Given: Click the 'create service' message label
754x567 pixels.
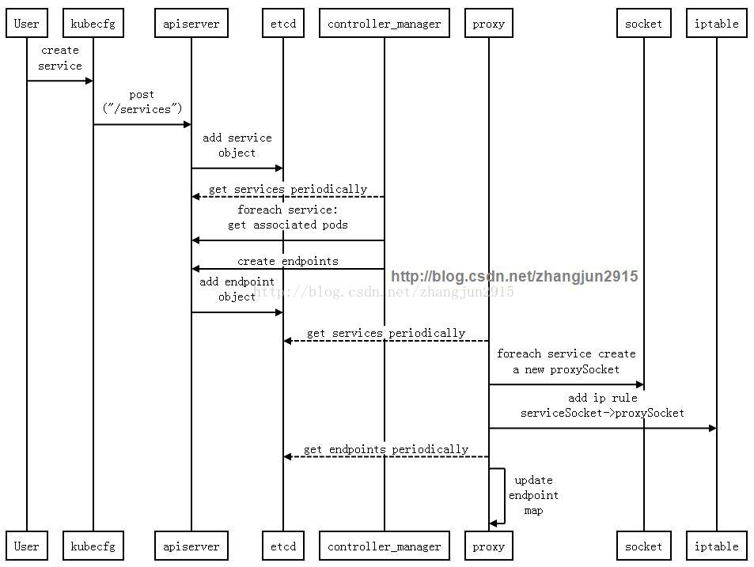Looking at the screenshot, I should [x=60, y=59].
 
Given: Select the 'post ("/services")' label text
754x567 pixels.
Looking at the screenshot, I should [x=142, y=102].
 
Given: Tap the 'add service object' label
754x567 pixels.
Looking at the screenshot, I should [x=237, y=146].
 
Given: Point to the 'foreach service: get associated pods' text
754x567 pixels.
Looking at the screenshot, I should [x=287, y=217].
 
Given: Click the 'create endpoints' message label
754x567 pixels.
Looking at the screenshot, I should [x=287, y=261].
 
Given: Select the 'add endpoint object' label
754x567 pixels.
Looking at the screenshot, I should [x=237, y=289].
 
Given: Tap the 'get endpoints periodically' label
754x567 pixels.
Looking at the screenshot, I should [x=385, y=449].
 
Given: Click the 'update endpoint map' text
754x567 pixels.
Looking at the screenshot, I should [x=533, y=495].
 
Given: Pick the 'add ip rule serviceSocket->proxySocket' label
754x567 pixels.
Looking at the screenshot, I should [x=602, y=406].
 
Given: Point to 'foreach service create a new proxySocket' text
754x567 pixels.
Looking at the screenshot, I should [x=566, y=361].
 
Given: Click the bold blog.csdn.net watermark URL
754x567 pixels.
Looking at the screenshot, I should [x=514, y=276].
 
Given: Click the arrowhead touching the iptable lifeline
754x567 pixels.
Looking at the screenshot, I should [x=712, y=429].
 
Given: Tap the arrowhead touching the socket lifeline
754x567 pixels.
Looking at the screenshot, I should [x=639, y=385].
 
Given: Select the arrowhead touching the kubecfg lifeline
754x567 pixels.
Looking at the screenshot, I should [x=89, y=81].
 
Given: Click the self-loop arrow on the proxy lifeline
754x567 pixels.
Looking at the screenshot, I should [x=498, y=496].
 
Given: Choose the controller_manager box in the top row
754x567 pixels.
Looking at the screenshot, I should [x=385, y=24].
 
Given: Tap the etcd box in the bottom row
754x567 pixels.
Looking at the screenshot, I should [x=283, y=546].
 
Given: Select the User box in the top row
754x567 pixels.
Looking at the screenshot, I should [x=27, y=24].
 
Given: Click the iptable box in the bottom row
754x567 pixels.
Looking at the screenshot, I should [x=717, y=546].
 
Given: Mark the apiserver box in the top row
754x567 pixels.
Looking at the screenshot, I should [x=191, y=24].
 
